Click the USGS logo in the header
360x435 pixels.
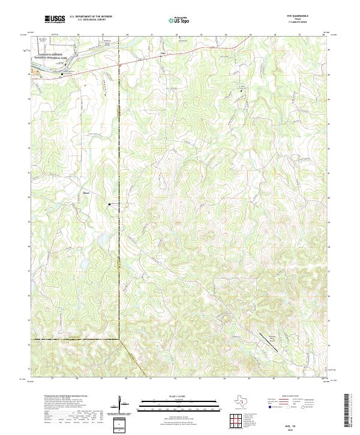[x=52, y=20]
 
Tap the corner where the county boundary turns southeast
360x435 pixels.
[x=119, y=340]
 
